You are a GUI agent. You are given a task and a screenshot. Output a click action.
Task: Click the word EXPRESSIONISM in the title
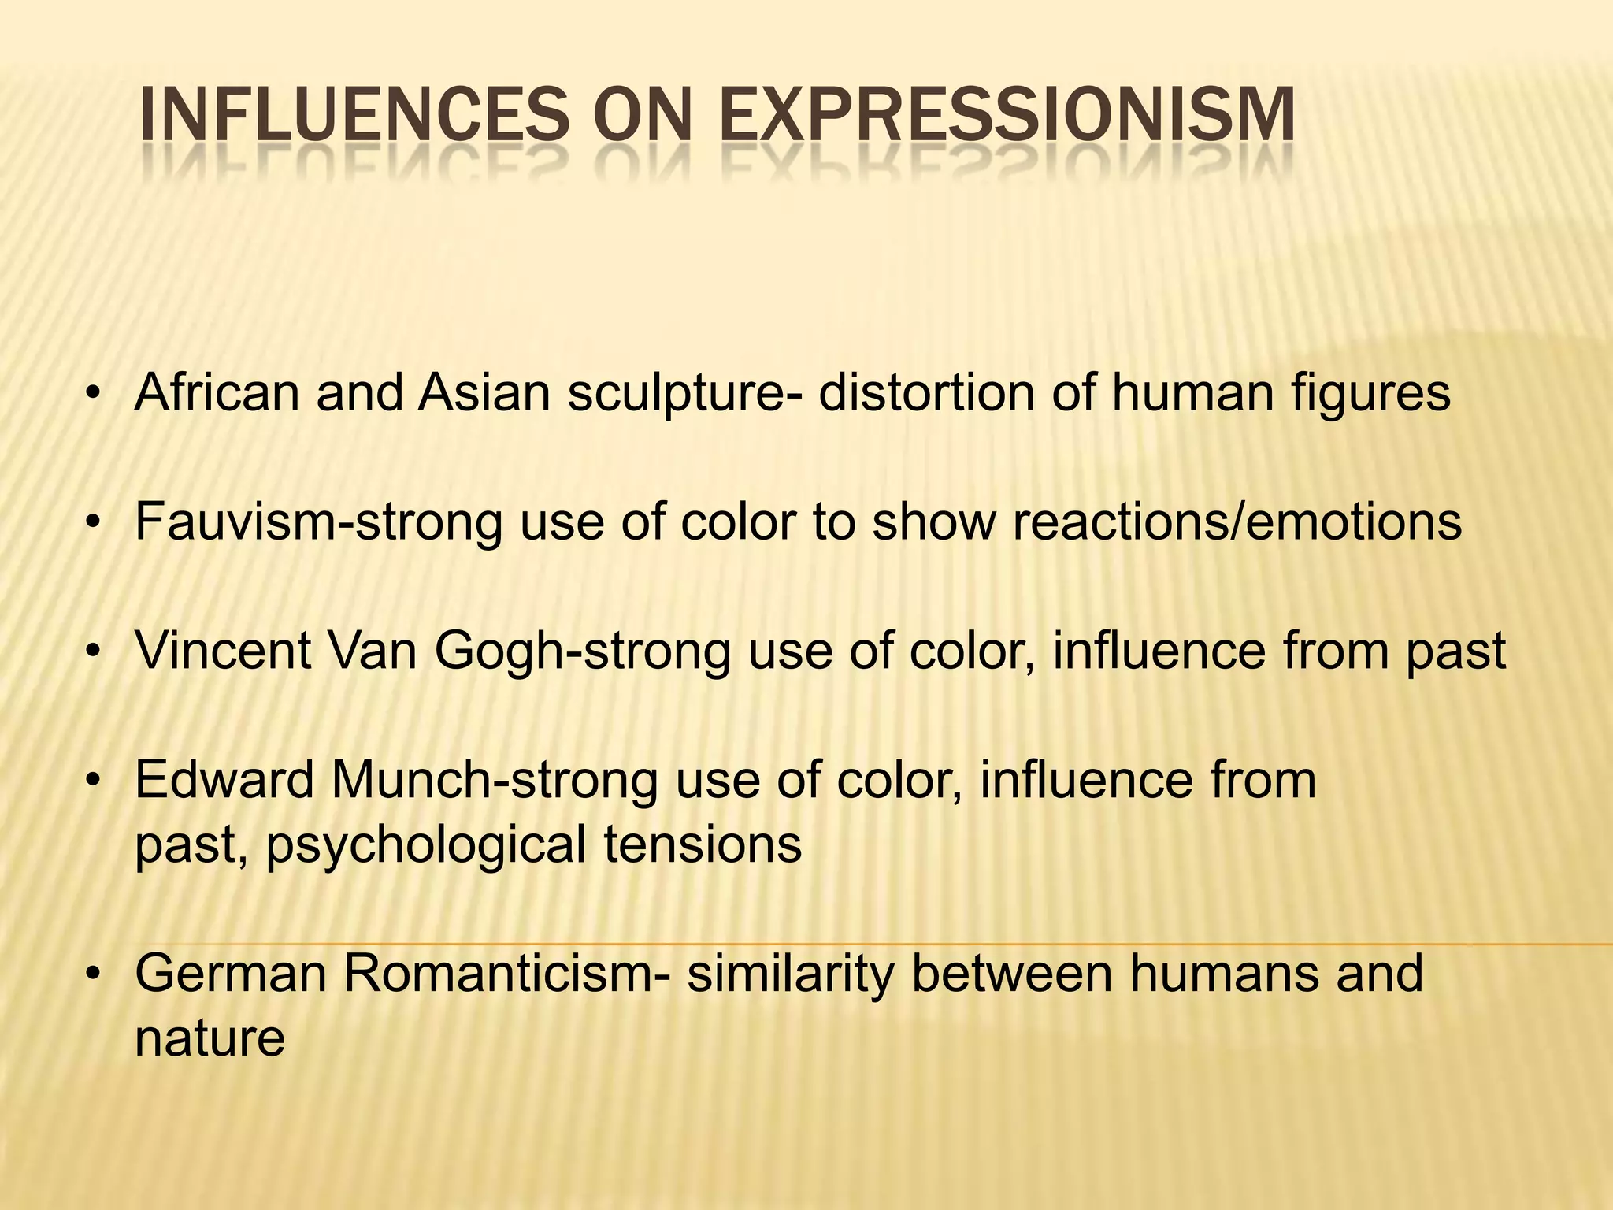(x=1007, y=116)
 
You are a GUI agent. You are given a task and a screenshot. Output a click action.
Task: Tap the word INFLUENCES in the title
(x=352, y=116)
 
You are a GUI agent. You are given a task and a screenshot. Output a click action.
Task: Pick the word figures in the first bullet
(x=1370, y=394)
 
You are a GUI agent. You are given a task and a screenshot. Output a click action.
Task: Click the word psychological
(x=425, y=845)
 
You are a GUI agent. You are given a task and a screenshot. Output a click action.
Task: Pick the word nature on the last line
(x=210, y=1039)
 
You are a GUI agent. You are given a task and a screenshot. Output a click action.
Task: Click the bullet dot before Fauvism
(x=93, y=522)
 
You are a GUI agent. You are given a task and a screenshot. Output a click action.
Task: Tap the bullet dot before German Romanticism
(x=93, y=974)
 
